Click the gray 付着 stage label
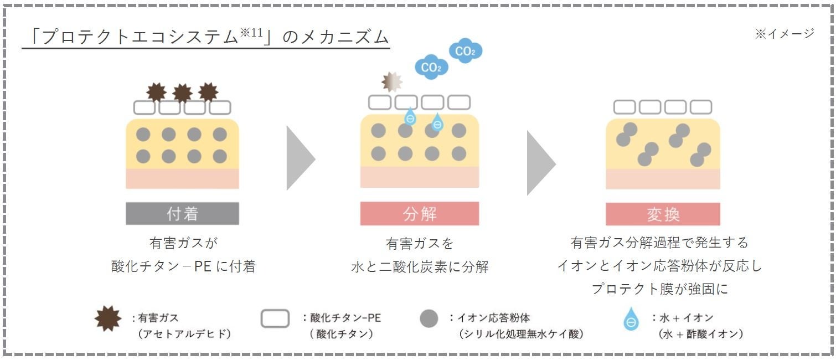tap(182, 214)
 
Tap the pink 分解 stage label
tap(419, 214)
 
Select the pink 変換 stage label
tap(663, 214)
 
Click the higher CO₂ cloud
tap(465, 52)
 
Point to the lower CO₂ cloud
tap(431, 68)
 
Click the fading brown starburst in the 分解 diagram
tap(392, 81)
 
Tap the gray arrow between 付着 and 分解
tap(299, 158)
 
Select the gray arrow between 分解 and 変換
tap(539, 162)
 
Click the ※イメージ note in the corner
tap(785, 34)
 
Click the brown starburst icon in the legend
tap(109, 320)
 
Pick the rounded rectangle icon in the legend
tap(275, 319)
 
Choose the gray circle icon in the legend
tap(429, 319)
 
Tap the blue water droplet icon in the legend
tap(631, 320)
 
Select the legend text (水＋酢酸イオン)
tap(700, 334)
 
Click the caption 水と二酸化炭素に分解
tap(420, 267)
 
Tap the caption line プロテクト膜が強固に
tap(663, 289)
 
